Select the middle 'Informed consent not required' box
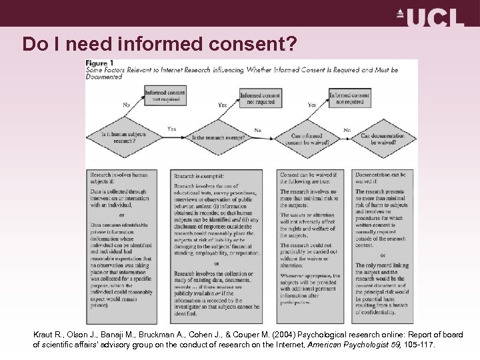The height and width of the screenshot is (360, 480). coord(260,98)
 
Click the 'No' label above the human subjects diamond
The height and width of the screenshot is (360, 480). coord(126,105)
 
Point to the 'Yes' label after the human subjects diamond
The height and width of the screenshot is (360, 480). coord(172,129)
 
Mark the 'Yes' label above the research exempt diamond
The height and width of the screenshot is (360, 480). coord(222,105)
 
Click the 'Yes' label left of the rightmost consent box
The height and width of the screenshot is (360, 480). coord(311,105)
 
